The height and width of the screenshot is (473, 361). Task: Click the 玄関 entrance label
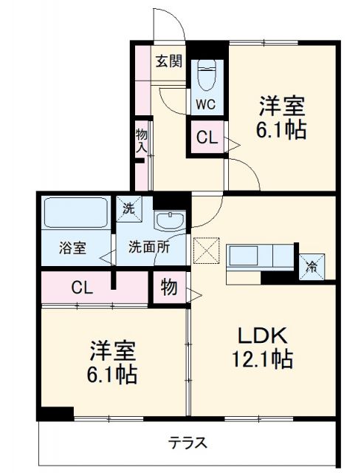(x=168, y=61)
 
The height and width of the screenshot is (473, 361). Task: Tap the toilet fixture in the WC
(x=206, y=74)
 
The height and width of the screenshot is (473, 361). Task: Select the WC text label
(x=206, y=104)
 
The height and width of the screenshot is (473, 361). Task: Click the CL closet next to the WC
(x=206, y=137)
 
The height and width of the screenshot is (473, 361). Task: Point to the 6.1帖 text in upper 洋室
(x=282, y=131)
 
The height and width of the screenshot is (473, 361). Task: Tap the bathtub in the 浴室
(x=76, y=214)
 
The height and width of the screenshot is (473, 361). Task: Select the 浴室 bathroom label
(x=72, y=248)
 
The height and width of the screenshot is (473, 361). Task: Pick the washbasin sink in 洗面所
(x=172, y=220)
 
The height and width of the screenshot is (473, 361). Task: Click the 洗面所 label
(x=149, y=248)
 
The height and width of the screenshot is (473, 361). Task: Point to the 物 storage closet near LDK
(x=169, y=287)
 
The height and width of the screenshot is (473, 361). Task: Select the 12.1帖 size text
(x=262, y=360)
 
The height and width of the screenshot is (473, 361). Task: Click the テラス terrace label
(x=187, y=443)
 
